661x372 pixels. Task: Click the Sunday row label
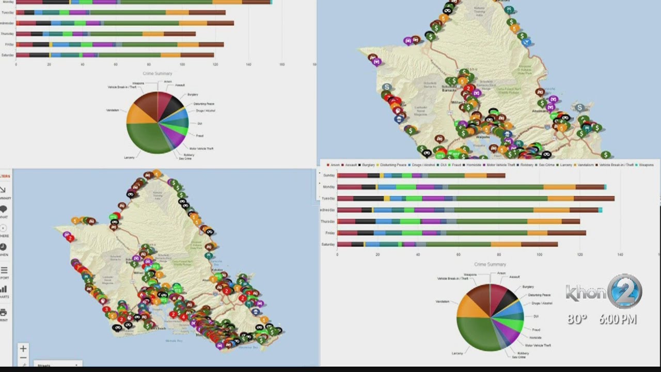click(x=329, y=175)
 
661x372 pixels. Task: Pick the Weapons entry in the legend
click(x=646, y=165)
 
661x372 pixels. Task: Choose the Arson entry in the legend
click(x=334, y=165)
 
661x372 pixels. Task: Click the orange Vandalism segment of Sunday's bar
click(x=475, y=176)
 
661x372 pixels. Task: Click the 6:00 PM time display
click(x=618, y=319)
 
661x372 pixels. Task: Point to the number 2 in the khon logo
click(x=624, y=291)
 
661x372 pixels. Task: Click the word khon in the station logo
click(x=586, y=293)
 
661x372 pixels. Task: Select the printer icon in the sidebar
click(x=4, y=313)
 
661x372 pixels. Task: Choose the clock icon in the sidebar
click(x=4, y=247)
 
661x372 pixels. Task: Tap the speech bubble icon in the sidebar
click(x=4, y=209)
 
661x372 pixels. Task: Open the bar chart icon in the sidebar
click(x=4, y=289)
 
